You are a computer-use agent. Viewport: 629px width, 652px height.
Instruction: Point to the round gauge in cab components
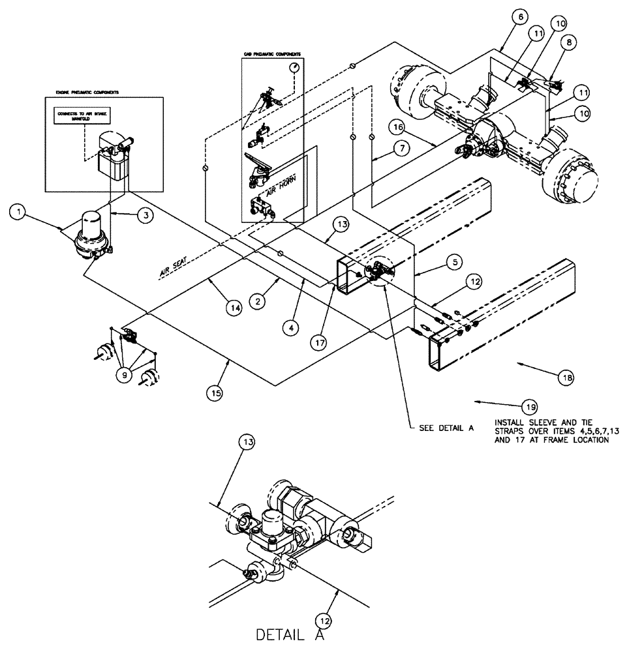point(296,68)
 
